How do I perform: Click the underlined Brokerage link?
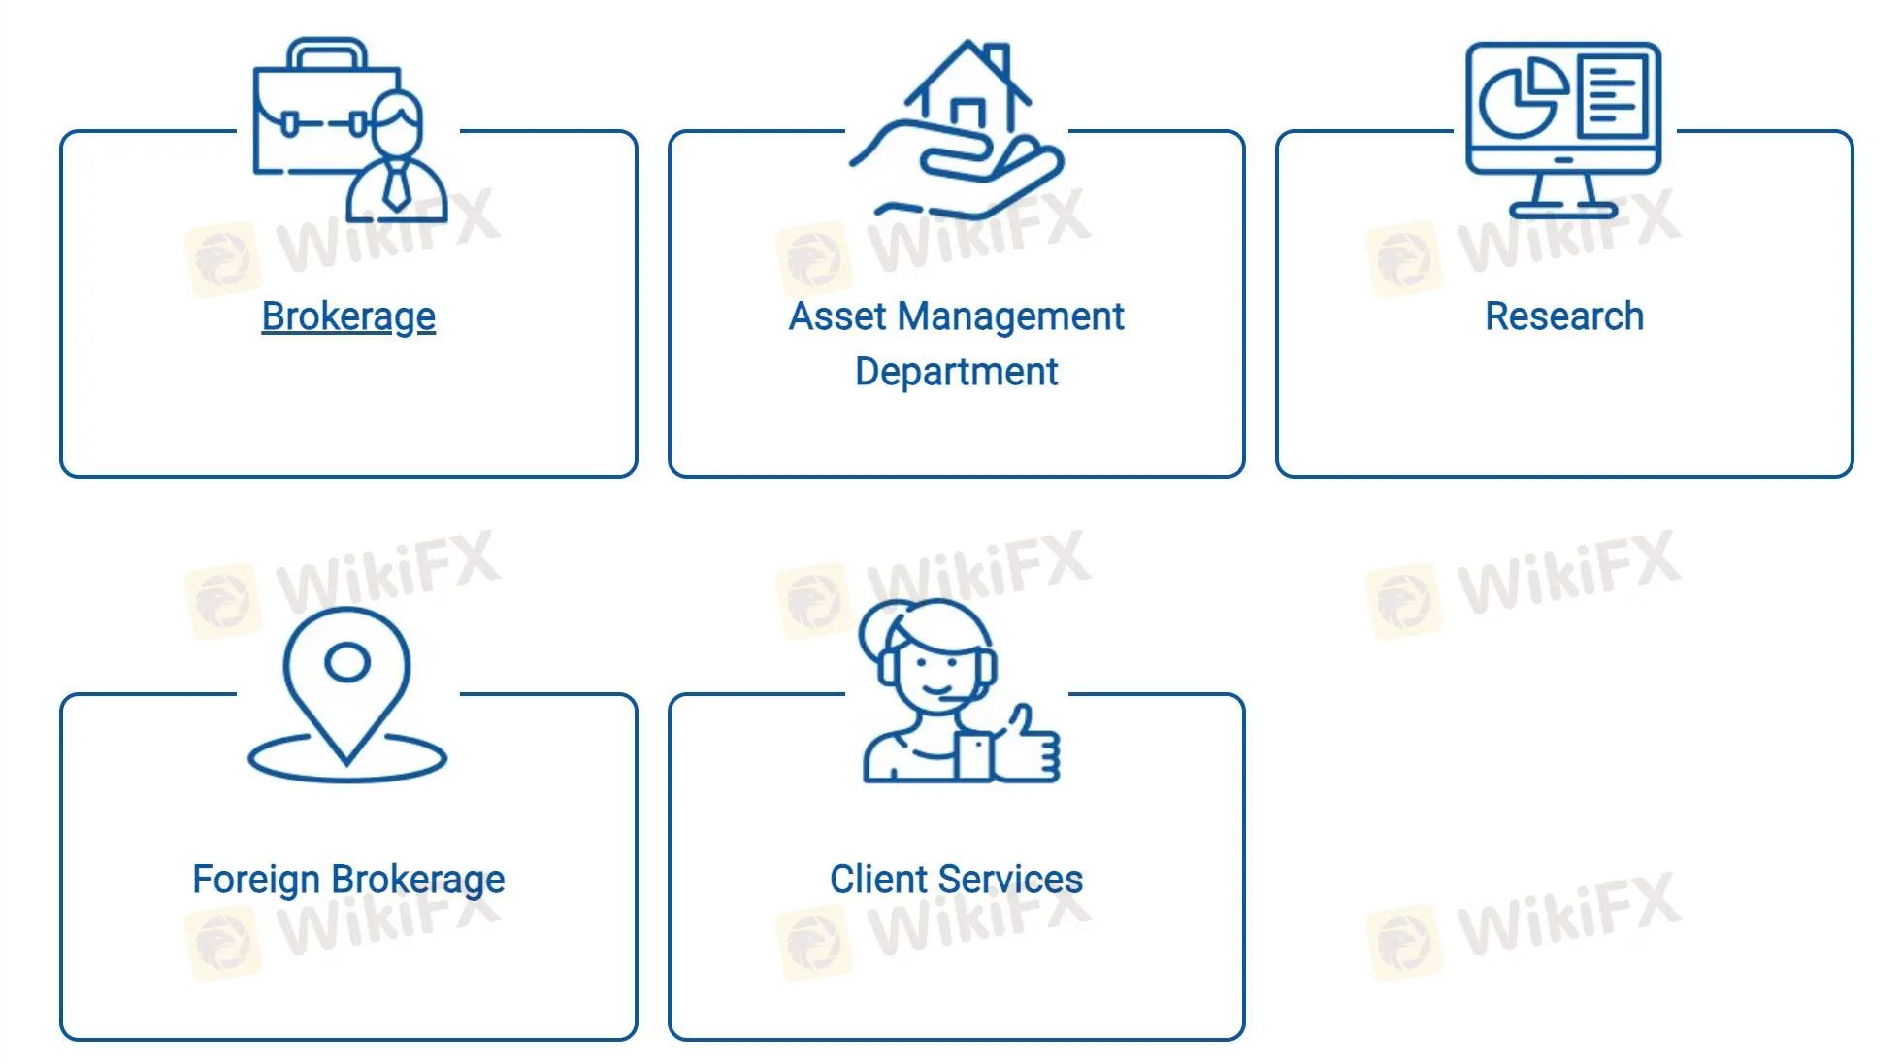(x=348, y=316)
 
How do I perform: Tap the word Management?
(x=1010, y=316)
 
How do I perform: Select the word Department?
(x=956, y=372)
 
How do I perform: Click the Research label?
(x=1564, y=316)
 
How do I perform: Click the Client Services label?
(x=956, y=880)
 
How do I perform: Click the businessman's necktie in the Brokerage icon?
(x=396, y=187)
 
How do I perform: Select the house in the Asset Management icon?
(x=967, y=97)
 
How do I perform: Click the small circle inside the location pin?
(x=347, y=662)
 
